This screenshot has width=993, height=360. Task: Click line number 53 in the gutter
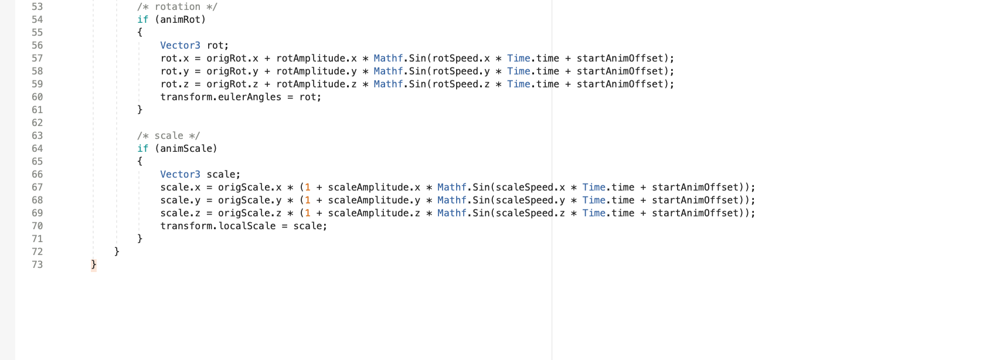click(37, 6)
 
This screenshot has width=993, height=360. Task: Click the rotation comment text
click(177, 6)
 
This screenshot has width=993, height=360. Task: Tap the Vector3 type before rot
click(180, 45)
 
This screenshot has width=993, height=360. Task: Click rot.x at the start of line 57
click(175, 58)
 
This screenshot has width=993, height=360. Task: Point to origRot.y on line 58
click(232, 71)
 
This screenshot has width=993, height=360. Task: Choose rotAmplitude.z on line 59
click(317, 84)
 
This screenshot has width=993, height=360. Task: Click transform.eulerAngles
click(220, 97)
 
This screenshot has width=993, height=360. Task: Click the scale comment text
click(168, 135)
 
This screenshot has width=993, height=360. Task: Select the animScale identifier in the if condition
click(186, 148)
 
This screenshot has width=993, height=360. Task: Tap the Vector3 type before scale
click(180, 174)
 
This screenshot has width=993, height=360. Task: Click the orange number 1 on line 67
click(308, 187)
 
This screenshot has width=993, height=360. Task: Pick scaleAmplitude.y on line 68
click(374, 200)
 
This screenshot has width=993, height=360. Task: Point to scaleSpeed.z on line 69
click(530, 213)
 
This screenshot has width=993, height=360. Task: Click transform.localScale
click(217, 226)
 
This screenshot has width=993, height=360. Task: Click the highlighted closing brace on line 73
click(94, 264)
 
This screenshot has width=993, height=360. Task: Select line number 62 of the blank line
click(37, 123)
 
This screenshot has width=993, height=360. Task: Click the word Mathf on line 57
click(388, 58)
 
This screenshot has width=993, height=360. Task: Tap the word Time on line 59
click(519, 84)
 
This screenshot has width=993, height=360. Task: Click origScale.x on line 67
click(250, 187)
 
